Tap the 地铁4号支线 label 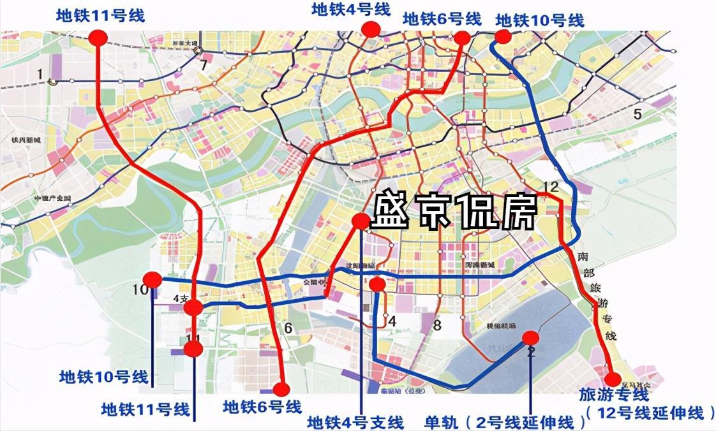tap(355, 422)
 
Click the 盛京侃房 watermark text tap(454, 212)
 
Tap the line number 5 tap(636, 115)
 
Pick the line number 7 tap(204, 64)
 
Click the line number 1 tap(40, 75)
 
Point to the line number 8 tap(437, 326)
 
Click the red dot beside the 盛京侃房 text tap(361, 221)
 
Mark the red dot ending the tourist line tap(611, 377)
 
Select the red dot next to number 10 tap(153, 279)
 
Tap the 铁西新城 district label tap(26, 140)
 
